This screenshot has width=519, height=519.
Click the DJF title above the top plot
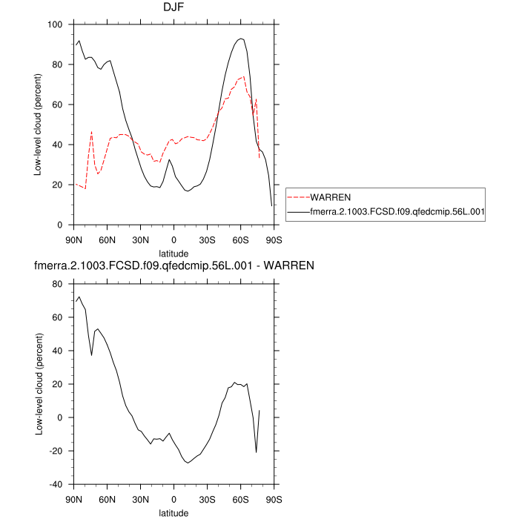pos(173,8)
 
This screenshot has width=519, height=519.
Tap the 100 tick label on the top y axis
pos(55,24)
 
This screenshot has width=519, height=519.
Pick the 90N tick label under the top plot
pos(74,240)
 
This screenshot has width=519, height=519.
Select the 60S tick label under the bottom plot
pos(241,500)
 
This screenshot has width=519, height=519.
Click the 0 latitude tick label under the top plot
pos(174,240)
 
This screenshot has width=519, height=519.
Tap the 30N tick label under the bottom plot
pos(141,500)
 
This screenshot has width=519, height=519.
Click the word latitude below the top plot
pos(174,254)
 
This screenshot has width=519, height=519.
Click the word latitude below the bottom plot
pos(174,512)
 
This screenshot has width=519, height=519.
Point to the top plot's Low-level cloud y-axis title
pos(37,125)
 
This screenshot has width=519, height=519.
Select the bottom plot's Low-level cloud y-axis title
pos(37,384)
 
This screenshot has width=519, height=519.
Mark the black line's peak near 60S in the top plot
pos(241,39)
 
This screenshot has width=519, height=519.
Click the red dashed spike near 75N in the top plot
pos(91,131)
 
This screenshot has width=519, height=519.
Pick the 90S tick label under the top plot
pos(274,240)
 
